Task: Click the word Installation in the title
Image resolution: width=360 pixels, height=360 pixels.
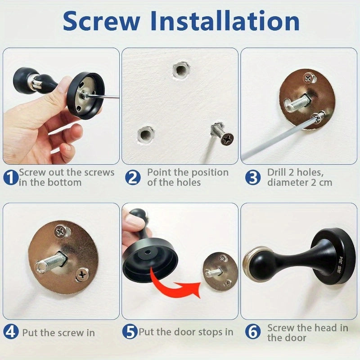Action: pyautogui.click(x=225, y=21)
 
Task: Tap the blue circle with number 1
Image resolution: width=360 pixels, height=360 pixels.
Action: pyautogui.click(x=11, y=177)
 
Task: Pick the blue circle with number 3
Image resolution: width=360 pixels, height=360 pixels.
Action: pyautogui.click(x=252, y=177)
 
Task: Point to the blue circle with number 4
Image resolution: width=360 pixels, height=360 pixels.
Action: pyautogui.click(x=11, y=332)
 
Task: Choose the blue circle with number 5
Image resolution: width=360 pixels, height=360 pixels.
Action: pyautogui.click(x=130, y=332)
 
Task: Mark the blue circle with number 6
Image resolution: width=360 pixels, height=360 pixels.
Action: pyautogui.click(x=253, y=332)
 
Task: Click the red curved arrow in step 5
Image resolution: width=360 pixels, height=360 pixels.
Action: pyautogui.click(x=173, y=285)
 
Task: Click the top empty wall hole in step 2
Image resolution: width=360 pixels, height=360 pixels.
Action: pyautogui.click(x=181, y=71)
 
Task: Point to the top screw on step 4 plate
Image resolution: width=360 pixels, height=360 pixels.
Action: pyautogui.click(x=61, y=232)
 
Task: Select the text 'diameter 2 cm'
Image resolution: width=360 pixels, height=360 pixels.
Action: pyautogui.click(x=299, y=182)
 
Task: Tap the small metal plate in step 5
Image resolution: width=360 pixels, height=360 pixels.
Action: pyautogui.click(x=220, y=272)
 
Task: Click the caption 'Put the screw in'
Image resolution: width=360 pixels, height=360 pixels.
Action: pyautogui.click(x=58, y=333)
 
